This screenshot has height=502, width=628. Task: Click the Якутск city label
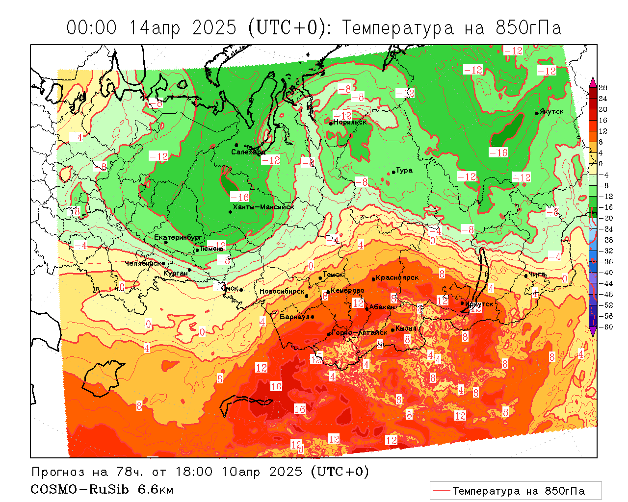point(551,112)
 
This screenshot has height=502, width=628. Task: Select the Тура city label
point(404,171)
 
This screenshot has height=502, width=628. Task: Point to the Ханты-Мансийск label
point(263,207)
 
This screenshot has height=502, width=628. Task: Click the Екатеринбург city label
point(178,237)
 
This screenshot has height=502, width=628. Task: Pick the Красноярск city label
point(397,277)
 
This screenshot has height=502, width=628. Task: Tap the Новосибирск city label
point(282,291)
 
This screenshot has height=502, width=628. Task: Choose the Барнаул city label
point(295,317)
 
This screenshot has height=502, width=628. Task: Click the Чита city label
point(537,274)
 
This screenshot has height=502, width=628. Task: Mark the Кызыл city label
point(406,328)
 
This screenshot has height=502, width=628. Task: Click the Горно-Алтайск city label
point(359,332)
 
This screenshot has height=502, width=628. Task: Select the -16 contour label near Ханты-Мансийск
point(240,197)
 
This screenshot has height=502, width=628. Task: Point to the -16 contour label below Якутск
point(498,152)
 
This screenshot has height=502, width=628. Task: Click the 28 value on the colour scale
point(603,88)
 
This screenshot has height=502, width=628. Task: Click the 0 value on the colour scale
point(601,164)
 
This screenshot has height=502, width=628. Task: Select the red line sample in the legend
point(441,490)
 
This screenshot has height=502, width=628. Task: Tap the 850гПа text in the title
point(528,28)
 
